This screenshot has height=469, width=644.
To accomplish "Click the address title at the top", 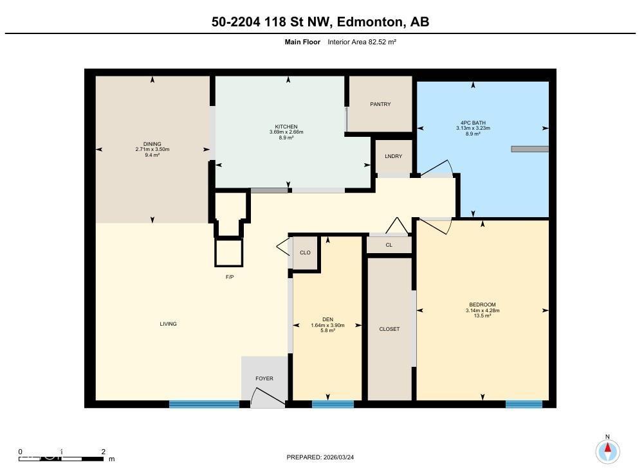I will coord(320,22).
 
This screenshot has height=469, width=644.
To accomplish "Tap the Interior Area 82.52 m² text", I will coord(362,42).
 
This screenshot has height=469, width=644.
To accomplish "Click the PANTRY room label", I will coord(380,104).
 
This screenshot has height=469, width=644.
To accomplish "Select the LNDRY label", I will coord(393,156).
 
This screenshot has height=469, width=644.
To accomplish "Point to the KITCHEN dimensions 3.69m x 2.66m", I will coord(286,132).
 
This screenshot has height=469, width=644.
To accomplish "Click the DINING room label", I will coord(152,144).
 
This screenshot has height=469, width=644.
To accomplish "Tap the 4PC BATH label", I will coord(473,123).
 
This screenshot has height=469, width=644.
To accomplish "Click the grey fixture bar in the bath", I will coord(529,149).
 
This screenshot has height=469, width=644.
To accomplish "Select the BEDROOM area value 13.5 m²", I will coord(482,316).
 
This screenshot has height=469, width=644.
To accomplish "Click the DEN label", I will coord(327,319).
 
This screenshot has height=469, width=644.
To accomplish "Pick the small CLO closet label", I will coord(305,252).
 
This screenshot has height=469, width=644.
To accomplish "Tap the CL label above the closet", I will coord(389,245).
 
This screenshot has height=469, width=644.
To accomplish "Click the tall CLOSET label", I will coord(389,329).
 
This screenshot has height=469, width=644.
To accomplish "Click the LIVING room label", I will coord(168,324).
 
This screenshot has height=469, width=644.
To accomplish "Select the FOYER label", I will coord(264,378).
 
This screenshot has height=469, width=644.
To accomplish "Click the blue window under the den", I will coord(333,404).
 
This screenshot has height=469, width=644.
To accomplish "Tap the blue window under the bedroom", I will coord(524,404).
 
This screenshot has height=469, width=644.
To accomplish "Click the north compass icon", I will coord(607,450).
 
